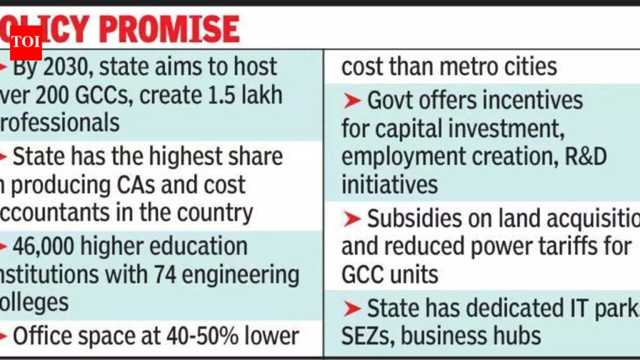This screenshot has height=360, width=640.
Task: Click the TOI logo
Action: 26,43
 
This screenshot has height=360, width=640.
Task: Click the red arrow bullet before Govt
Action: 352,100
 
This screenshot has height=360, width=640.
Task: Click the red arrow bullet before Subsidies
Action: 352,219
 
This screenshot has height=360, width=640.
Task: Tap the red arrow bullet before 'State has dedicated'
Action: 352,307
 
